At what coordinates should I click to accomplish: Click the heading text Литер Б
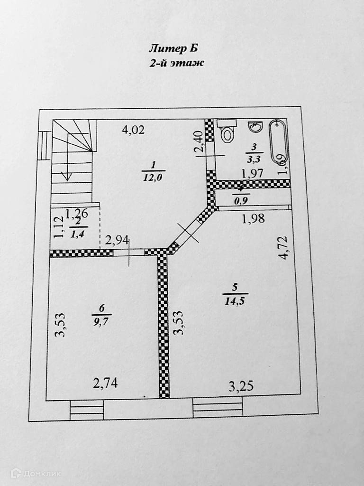[x=173, y=48]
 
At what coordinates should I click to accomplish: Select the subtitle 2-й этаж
[x=177, y=63]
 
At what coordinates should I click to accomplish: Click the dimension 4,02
[x=133, y=130]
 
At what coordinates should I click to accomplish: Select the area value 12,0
[x=154, y=178]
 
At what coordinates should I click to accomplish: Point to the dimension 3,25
[x=241, y=386]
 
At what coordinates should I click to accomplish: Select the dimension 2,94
[x=117, y=240]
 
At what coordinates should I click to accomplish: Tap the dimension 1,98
[x=253, y=218]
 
